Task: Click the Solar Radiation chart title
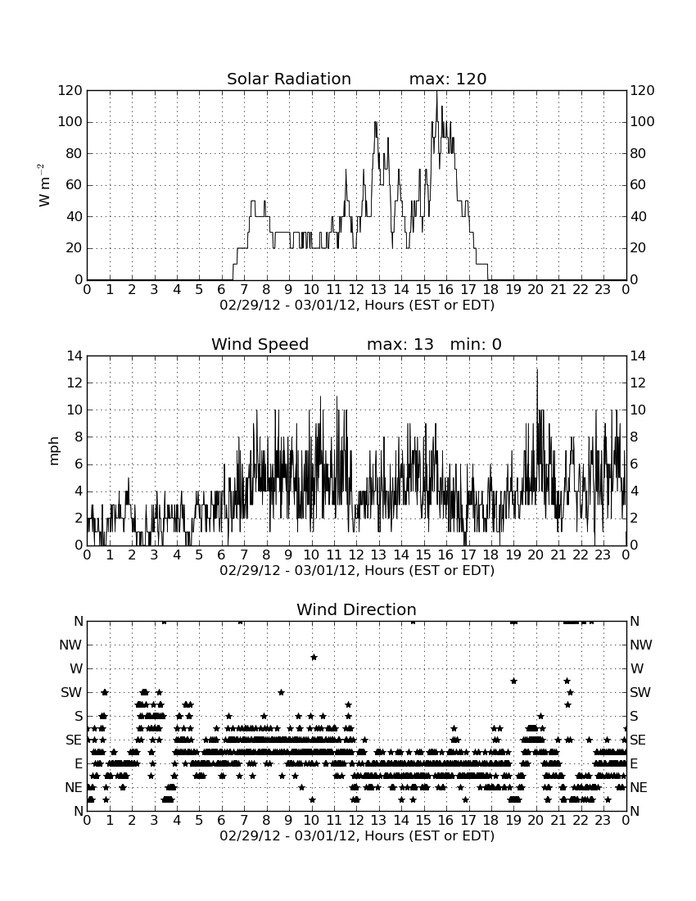[x=289, y=79]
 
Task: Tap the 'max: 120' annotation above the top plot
[x=448, y=79]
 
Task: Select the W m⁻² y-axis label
[x=44, y=185]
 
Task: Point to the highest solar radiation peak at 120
[x=436, y=92]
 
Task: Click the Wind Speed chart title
[x=260, y=344]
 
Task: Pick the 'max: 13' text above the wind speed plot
[x=400, y=344]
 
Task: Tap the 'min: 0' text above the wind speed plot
[x=476, y=344]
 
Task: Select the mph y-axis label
[x=54, y=451]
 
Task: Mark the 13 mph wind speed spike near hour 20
[x=537, y=370]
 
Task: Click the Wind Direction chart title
[x=357, y=609]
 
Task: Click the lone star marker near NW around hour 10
[x=314, y=657]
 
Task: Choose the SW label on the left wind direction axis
[x=71, y=692]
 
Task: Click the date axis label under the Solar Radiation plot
[x=357, y=305]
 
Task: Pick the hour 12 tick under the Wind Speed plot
[x=356, y=555]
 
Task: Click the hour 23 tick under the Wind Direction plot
[x=603, y=820]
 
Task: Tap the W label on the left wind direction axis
[x=76, y=669]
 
